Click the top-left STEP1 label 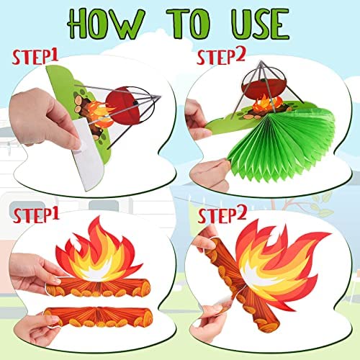pos(35,57)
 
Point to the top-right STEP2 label pos(221,57)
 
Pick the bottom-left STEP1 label pos(36,215)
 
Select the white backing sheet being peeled pos(87,153)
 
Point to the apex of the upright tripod pos(261,61)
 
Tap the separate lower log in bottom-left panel pos(99,318)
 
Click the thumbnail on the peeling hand pos(76,145)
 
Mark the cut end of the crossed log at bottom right pos(268,325)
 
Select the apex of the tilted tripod pos(159,96)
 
